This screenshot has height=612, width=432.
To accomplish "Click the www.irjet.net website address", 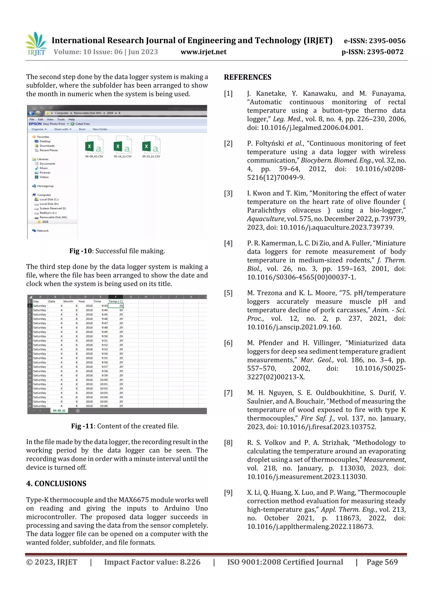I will click(203, 52).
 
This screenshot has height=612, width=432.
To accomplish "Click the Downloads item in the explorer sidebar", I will click(47, 146).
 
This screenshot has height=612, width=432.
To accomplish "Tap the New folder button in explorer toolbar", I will click(100, 129).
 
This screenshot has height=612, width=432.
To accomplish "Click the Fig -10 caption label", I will click(80, 251).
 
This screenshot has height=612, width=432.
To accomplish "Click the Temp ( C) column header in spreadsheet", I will click(116, 301).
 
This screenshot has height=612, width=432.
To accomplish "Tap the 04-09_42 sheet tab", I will click(59, 411).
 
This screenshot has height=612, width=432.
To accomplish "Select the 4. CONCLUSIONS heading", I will click(56, 484).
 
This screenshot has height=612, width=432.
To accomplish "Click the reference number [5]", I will click(228, 293).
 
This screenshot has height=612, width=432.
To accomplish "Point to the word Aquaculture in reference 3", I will click(265, 219).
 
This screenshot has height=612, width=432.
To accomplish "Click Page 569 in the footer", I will click(382, 562).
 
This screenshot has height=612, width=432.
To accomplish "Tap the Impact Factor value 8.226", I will click(190, 562).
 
